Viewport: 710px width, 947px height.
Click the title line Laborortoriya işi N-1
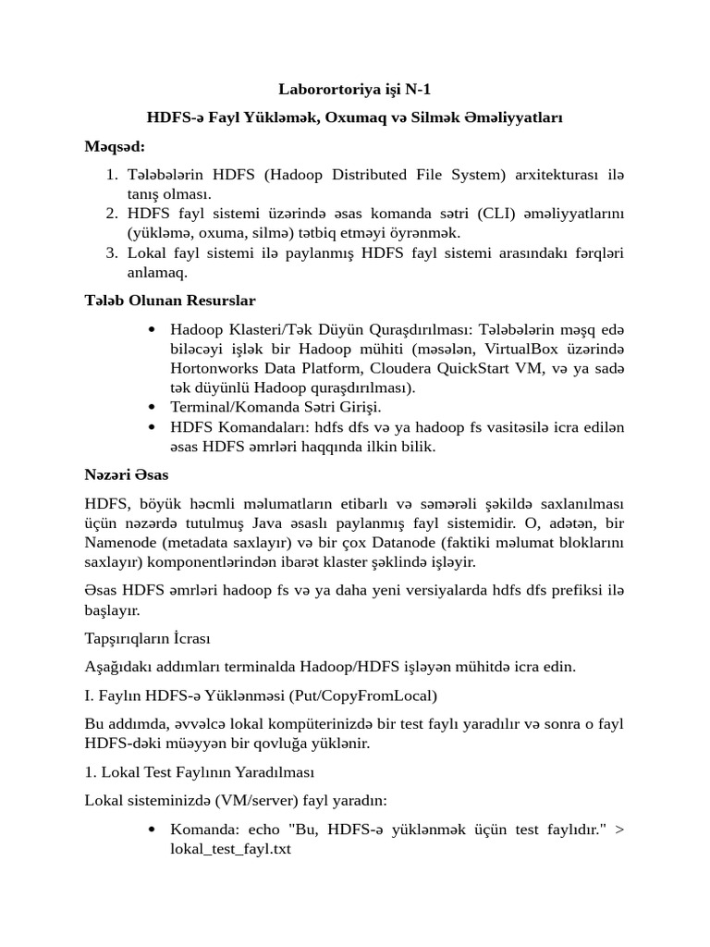[355, 90]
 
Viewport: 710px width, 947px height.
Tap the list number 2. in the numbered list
[112, 215]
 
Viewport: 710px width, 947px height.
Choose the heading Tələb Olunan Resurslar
[170, 301]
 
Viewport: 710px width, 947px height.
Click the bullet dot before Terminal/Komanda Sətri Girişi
[152, 407]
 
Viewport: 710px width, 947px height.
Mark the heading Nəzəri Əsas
[126, 475]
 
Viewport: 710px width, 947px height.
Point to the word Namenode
[118, 543]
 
